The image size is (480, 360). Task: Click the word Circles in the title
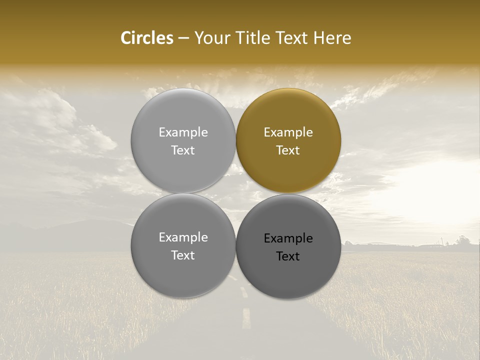[x=146, y=38]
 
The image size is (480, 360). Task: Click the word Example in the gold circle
[x=288, y=132]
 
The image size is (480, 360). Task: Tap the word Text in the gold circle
[x=288, y=150]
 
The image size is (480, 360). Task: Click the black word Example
[x=288, y=238]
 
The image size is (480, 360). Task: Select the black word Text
[x=288, y=256]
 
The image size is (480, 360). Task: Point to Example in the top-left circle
[x=183, y=132]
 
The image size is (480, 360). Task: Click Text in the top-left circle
[x=183, y=150]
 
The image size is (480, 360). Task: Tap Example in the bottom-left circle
[x=183, y=237]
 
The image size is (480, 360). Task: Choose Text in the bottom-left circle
[x=183, y=255]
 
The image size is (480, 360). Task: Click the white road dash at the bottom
[x=246, y=318]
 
